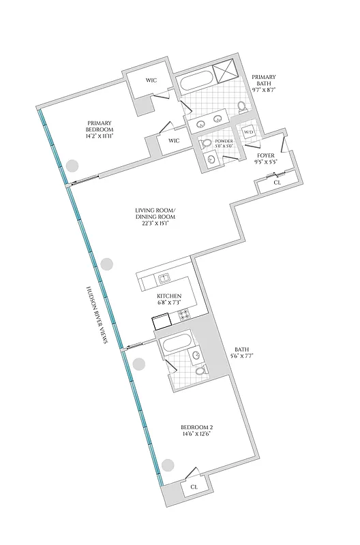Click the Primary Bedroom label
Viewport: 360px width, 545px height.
pyautogui.click(x=99, y=129)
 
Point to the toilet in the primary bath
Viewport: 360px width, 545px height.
pyautogui.click(x=241, y=107)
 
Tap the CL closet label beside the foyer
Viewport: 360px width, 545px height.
pyautogui.click(x=276, y=183)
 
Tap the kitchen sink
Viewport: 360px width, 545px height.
pyautogui.click(x=164, y=278)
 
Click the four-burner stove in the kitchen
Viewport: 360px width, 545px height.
pyautogui.click(x=184, y=315)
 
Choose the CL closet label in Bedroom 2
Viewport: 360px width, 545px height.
pyautogui.click(x=194, y=487)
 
